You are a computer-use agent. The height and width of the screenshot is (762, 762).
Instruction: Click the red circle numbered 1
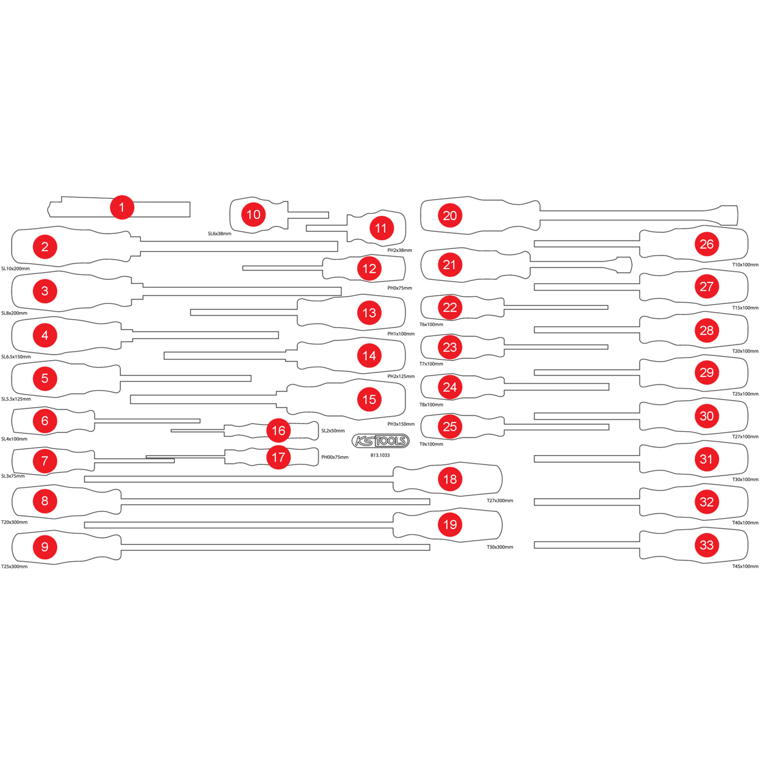pyautogui.click(x=122, y=207)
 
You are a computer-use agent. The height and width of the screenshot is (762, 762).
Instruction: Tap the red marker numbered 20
pyautogui.click(x=450, y=216)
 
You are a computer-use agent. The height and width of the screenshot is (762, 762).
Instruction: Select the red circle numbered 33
pyautogui.click(x=706, y=545)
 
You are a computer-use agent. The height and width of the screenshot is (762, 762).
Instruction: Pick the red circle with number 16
pyautogui.click(x=279, y=431)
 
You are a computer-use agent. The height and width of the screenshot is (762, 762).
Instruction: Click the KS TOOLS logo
pyautogui.click(x=381, y=441)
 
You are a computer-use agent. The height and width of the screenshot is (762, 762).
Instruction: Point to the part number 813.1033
pyautogui.click(x=380, y=455)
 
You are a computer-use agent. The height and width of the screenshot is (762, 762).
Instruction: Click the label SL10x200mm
pyautogui.click(x=15, y=269)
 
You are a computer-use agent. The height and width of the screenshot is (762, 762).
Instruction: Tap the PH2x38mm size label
pyautogui.click(x=400, y=250)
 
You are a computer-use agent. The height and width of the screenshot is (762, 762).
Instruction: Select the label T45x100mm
pyautogui.click(x=745, y=566)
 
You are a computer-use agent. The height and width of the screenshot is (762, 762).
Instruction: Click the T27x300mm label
pyautogui.click(x=500, y=501)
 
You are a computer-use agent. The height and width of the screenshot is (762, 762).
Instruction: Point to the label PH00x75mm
pyautogui.click(x=335, y=457)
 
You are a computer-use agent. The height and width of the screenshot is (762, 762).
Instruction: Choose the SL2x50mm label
pyautogui.click(x=333, y=431)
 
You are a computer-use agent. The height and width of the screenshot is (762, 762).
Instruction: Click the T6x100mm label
pyautogui.click(x=431, y=324)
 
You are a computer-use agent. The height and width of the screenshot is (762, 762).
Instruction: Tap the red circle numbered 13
pyautogui.click(x=369, y=313)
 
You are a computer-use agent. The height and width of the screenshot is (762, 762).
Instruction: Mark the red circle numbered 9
pyautogui.click(x=45, y=547)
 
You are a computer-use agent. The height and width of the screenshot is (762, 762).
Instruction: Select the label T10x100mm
pyautogui.click(x=745, y=265)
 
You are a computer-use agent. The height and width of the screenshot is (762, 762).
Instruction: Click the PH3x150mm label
pyautogui.click(x=401, y=424)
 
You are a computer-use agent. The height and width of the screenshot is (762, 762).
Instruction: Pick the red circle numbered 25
pyautogui.click(x=450, y=427)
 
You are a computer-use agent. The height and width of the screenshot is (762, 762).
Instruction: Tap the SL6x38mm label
pyautogui.click(x=220, y=234)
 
